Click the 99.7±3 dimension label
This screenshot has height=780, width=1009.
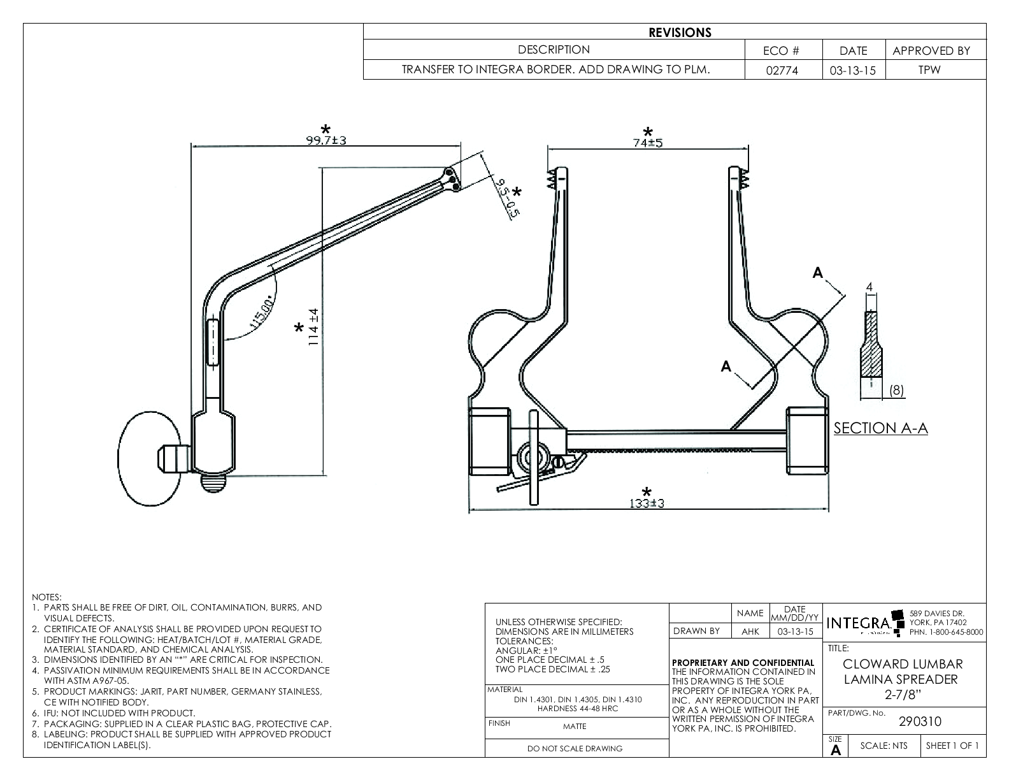326,140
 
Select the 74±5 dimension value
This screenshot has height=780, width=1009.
648,143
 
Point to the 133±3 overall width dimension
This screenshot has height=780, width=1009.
647,503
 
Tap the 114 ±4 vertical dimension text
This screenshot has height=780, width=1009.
313,328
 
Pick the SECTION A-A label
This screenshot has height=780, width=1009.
880,428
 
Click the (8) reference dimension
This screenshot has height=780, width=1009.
896,391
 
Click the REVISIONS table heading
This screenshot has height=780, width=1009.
680,32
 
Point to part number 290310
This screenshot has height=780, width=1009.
919,721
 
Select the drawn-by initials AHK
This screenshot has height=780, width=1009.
750,632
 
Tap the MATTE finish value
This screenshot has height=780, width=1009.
575,726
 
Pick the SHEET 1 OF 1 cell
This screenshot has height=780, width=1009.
952,746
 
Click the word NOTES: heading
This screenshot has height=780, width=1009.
47,598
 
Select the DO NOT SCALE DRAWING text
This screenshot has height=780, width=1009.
575,749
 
